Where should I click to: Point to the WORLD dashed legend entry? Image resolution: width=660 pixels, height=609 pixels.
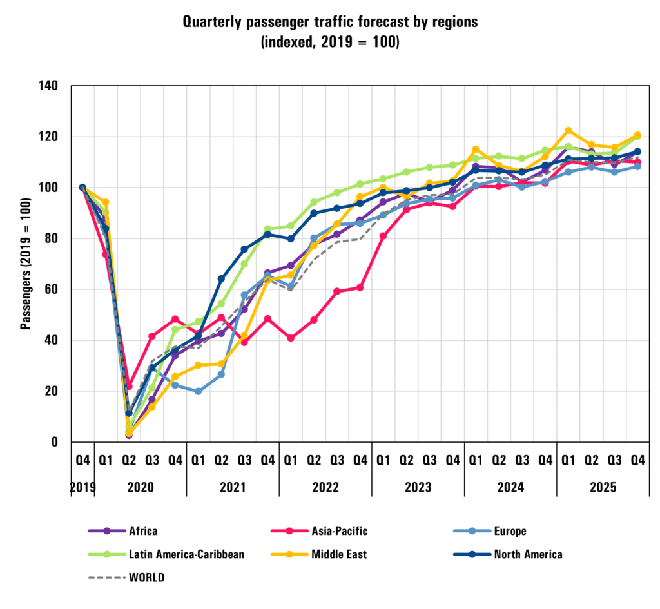click(126, 577)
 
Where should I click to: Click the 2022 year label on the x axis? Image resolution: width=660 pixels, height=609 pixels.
click(325, 488)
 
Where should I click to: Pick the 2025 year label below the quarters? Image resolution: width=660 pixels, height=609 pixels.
click(603, 488)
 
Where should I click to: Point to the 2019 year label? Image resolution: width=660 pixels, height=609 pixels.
click(82, 488)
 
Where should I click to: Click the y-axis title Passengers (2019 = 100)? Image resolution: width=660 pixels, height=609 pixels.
click(26, 264)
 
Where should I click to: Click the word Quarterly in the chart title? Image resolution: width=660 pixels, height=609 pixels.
click(216, 22)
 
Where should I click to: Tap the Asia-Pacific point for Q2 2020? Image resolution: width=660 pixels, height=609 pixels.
click(129, 386)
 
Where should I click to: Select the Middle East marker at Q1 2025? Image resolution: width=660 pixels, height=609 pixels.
click(568, 131)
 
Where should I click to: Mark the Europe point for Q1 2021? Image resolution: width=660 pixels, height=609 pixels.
click(198, 391)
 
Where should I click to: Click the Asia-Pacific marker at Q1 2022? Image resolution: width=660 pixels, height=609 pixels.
click(291, 338)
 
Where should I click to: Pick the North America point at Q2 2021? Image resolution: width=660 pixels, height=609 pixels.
click(221, 279)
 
